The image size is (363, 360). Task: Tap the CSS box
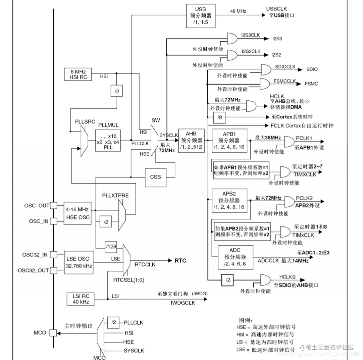pyautogui.click(x=155, y=177)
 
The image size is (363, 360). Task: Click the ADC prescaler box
pyautogui.click(x=235, y=257)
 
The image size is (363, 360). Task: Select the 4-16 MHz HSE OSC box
pyautogui.click(x=78, y=213)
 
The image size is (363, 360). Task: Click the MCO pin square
pyautogui.click(x=53, y=333)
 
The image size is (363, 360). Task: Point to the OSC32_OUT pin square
pyautogui.click(x=53, y=270)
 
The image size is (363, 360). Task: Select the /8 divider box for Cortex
pyautogui.click(x=219, y=117)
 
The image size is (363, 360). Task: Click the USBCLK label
pyautogui.click(x=276, y=8)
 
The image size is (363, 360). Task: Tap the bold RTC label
pyautogui.click(x=180, y=260)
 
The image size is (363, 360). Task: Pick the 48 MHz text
pyautogui.click(x=238, y=11)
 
